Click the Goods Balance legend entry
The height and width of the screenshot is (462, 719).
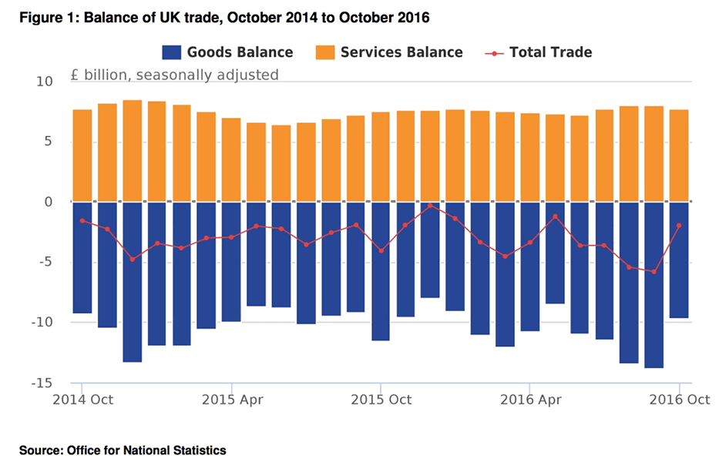(x=227, y=52)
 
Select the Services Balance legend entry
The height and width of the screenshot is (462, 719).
(x=389, y=52)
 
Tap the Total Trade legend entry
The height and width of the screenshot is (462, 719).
(x=539, y=52)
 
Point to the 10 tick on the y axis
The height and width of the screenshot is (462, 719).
(x=44, y=82)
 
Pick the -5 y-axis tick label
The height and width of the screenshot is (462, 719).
(x=44, y=263)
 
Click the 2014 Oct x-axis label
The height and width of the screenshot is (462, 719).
(x=82, y=400)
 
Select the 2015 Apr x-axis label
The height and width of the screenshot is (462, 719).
(x=230, y=400)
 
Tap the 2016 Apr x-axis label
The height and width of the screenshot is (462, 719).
(x=529, y=400)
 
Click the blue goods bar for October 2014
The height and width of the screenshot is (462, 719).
(x=82, y=257)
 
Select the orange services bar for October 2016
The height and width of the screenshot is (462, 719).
(x=678, y=156)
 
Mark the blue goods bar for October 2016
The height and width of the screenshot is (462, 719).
(x=678, y=259)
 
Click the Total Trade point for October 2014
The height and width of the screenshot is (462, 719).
(x=82, y=221)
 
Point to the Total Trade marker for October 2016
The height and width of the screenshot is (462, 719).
(x=678, y=226)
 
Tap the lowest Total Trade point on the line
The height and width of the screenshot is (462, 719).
(x=653, y=272)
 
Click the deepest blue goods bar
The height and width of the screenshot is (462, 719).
(x=653, y=285)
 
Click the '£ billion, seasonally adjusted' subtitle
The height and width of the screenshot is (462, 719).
(x=173, y=75)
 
